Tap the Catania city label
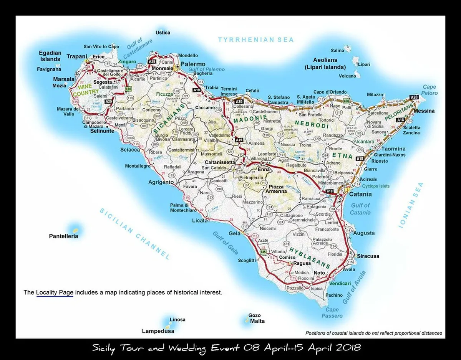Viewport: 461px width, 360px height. [360, 195]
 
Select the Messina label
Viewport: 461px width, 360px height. [424, 111]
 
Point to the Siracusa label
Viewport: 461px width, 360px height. [368, 256]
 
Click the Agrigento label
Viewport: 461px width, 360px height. [161, 182]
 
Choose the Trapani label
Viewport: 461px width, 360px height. [77, 56]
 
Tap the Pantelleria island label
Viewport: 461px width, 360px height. [63, 236]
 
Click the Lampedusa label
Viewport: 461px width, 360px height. [158, 331]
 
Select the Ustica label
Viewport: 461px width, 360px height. [163, 33]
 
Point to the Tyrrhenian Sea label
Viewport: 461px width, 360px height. [256, 40]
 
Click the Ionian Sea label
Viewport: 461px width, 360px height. [411, 205]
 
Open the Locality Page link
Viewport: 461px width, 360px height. [55, 292]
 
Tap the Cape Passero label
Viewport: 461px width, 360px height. [332, 313]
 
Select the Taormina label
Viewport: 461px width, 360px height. [393, 149]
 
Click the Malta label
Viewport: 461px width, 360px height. [257, 321]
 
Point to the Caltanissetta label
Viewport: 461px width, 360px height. [220, 162]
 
